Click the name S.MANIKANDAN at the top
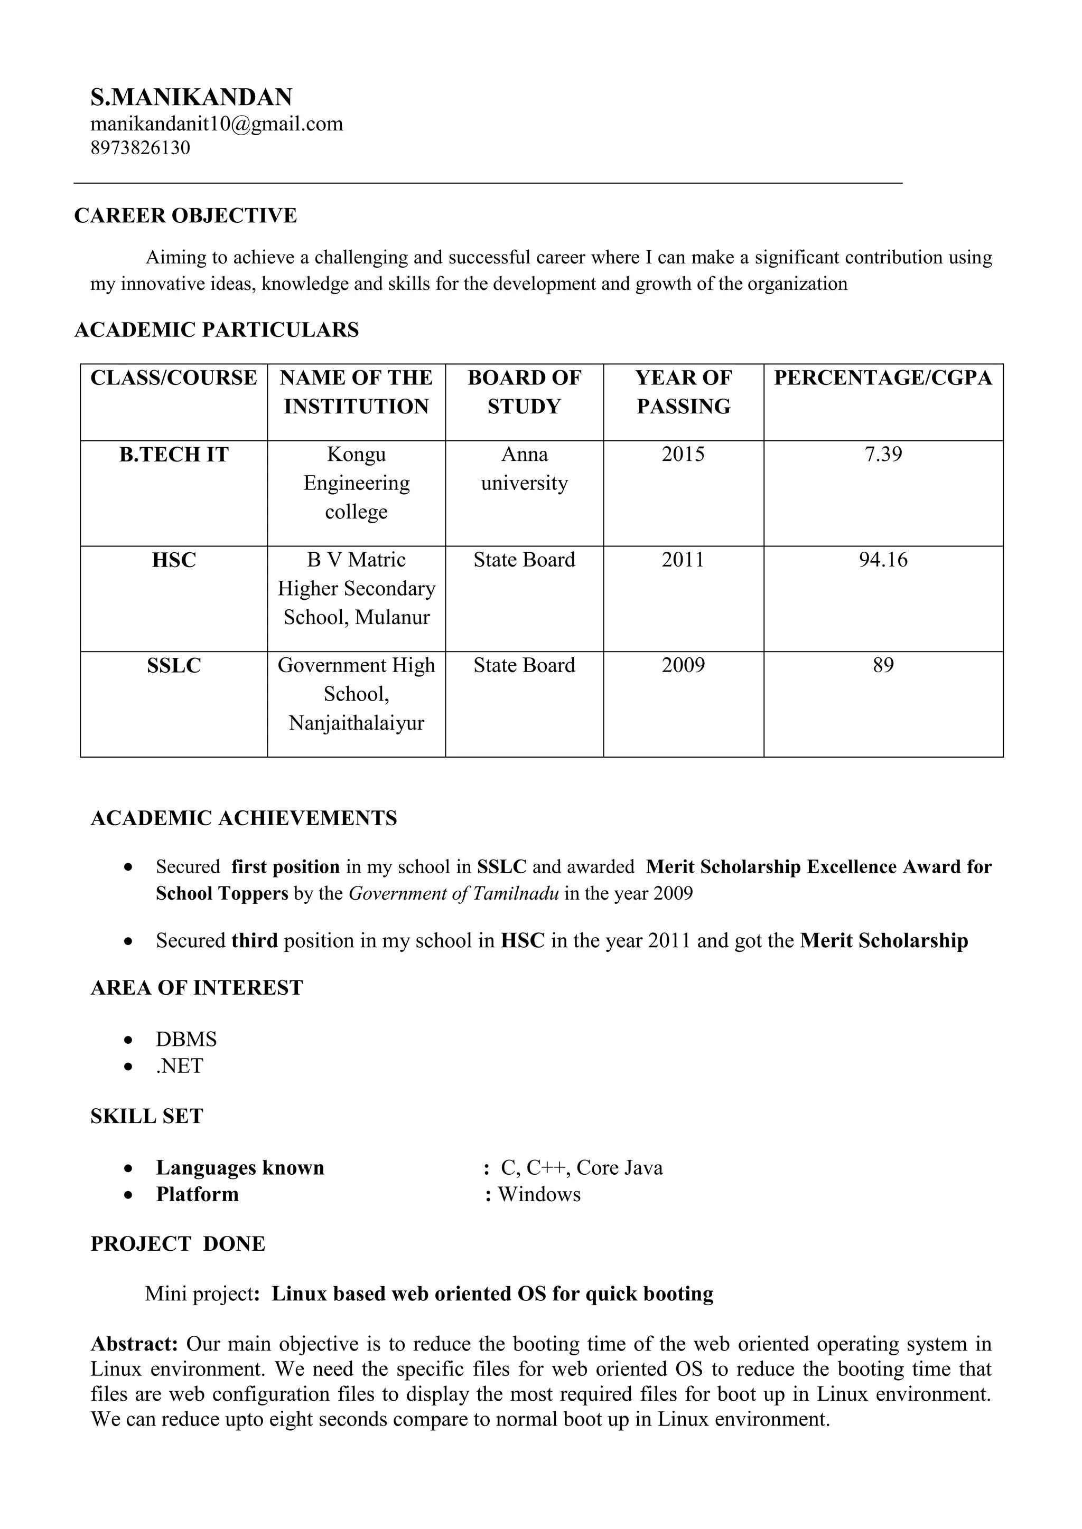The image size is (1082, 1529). [x=191, y=97]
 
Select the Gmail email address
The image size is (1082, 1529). [x=217, y=124]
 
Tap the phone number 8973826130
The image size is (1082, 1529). [x=140, y=148]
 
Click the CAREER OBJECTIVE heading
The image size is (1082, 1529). [x=185, y=216]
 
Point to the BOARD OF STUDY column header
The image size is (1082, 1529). [x=524, y=392]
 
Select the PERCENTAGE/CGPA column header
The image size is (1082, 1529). [x=883, y=377]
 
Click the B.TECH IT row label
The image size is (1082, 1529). [x=174, y=454]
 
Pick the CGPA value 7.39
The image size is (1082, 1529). [x=883, y=454]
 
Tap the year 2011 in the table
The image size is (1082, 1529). [x=683, y=560]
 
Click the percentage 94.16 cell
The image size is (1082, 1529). [x=883, y=560]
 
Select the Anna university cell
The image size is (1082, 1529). [x=524, y=468]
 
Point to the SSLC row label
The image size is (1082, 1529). [x=174, y=665]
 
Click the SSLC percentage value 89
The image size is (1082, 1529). [x=883, y=665]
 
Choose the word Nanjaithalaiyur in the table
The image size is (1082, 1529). [x=357, y=723]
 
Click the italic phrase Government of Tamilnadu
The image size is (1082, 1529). [x=454, y=893]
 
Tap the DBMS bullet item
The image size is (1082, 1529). [x=186, y=1040]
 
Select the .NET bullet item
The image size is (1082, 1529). [x=179, y=1066]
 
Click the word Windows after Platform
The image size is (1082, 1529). [x=539, y=1194]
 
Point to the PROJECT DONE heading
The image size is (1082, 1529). [x=178, y=1244]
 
